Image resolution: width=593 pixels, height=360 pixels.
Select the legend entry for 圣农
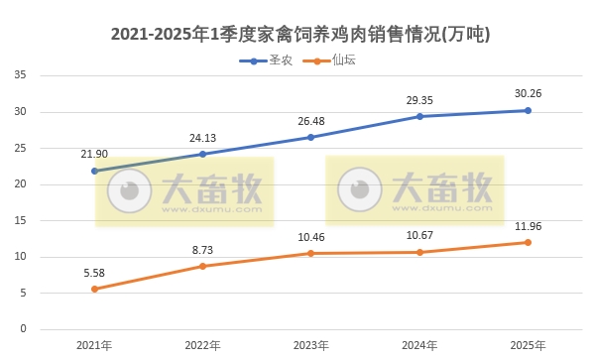[265, 60]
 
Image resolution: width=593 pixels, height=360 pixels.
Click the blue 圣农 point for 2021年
[94, 171]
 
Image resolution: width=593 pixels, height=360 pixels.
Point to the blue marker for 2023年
[310, 137]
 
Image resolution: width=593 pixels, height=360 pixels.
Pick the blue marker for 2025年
[528, 110]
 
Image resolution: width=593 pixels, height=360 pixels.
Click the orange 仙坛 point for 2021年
[94, 289]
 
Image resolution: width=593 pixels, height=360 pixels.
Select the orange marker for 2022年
[202, 266]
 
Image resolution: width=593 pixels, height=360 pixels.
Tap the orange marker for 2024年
[419, 252]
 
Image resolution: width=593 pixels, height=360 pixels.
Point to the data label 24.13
[202, 137]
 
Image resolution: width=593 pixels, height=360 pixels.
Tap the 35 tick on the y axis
[20, 75]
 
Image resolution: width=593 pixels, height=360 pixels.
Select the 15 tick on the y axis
[20, 220]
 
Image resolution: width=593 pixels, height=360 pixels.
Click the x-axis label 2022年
[202, 345]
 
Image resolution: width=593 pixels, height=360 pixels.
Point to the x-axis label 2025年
[528, 345]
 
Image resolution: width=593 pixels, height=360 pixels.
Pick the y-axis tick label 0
[23, 329]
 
